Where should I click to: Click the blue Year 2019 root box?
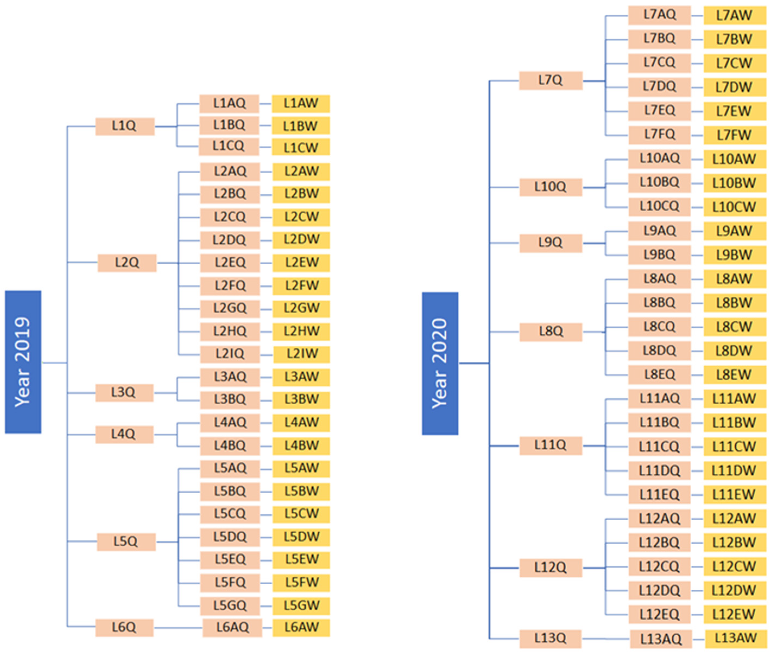coord(23,362)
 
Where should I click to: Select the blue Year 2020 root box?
coord(440,363)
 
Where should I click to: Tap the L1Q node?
coord(125,126)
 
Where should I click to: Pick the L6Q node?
coord(124,627)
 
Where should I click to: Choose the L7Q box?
coord(550,81)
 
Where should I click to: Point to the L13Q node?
coord(550,639)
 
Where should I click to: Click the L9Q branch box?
coord(550,243)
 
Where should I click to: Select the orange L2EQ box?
coord(230,262)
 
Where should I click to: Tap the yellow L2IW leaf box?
coord(301,354)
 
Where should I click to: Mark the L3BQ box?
coord(230,400)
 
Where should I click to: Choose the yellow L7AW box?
coord(734,16)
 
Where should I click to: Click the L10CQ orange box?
coord(659,207)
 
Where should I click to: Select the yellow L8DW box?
coord(734,351)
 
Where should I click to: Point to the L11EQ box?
coord(659,495)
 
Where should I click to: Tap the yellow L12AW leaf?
coord(734,518)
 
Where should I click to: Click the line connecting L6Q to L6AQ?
coord(178,628)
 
